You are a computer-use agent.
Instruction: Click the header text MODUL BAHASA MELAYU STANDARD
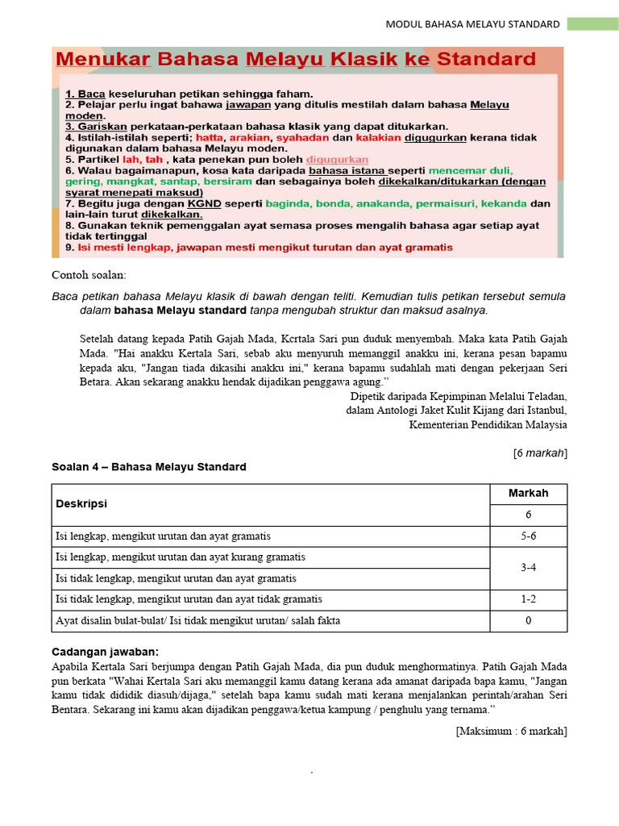point(472,24)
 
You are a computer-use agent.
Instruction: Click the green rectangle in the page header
point(592,24)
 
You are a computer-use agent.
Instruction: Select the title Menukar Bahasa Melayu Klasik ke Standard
point(295,60)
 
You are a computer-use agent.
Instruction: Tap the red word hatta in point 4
point(203,137)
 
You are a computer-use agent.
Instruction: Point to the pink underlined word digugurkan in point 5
point(337,160)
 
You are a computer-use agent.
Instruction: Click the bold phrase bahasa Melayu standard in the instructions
point(180,311)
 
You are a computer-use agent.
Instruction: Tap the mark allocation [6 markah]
point(540,453)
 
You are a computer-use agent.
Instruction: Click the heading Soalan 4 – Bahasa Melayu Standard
point(149,467)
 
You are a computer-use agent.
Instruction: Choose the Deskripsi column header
point(81,504)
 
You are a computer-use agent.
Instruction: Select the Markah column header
point(528,494)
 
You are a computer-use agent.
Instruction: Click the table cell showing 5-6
point(528,536)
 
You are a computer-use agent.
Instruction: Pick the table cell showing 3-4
point(528,567)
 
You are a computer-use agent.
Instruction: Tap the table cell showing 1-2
point(528,599)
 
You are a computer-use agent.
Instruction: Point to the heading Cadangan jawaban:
point(105,651)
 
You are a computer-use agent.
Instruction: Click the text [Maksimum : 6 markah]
point(511,731)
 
